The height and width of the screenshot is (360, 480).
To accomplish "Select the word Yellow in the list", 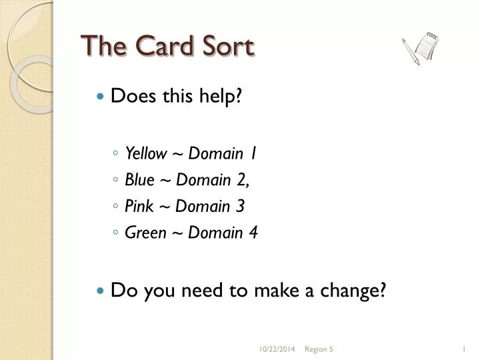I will pyautogui.click(x=146, y=153).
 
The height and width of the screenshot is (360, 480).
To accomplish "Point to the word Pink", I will pyautogui.click(x=139, y=207).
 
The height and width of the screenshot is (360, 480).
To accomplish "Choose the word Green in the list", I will pyautogui.click(x=143, y=233).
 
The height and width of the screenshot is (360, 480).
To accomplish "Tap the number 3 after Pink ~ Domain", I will pyautogui.click(x=241, y=207).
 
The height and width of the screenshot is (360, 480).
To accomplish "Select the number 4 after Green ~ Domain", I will pyautogui.click(x=254, y=233).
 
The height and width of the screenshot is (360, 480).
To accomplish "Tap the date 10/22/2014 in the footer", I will pyautogui.click(x=277, y=348).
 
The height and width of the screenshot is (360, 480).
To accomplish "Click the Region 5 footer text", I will pyautogui.click(x=319, y=348).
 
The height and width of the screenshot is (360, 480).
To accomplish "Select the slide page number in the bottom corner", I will pyautogui.click(x=463, y=348).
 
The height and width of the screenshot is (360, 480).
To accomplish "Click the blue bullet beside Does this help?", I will pyautogui.click(x=101, y=97).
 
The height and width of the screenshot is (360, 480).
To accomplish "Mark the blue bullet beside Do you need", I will pyautogui.click(x=101, y=291).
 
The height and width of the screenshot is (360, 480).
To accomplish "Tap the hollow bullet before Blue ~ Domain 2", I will pyautogui.click(x=116, y=181).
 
